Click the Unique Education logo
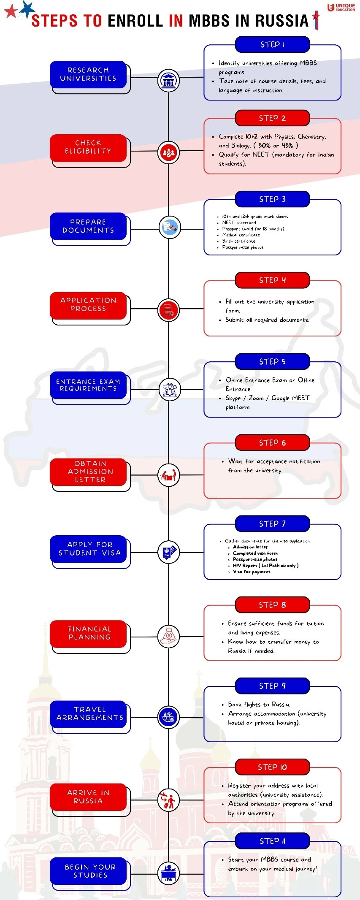[341, 7]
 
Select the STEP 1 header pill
[272, 45]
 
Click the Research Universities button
[88, 74]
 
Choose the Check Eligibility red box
[88, 147]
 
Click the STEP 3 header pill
[272, 199]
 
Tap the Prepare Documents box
[88, 226]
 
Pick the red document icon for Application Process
[168, 310]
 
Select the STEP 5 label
[272, 362]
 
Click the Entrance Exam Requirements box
[88, 385]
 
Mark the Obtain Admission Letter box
[88, 472]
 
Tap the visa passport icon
[168, 551]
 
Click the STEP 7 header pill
[272, 524]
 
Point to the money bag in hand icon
[168, 636]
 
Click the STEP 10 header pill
[272, 767]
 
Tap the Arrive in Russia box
[88, 797]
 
